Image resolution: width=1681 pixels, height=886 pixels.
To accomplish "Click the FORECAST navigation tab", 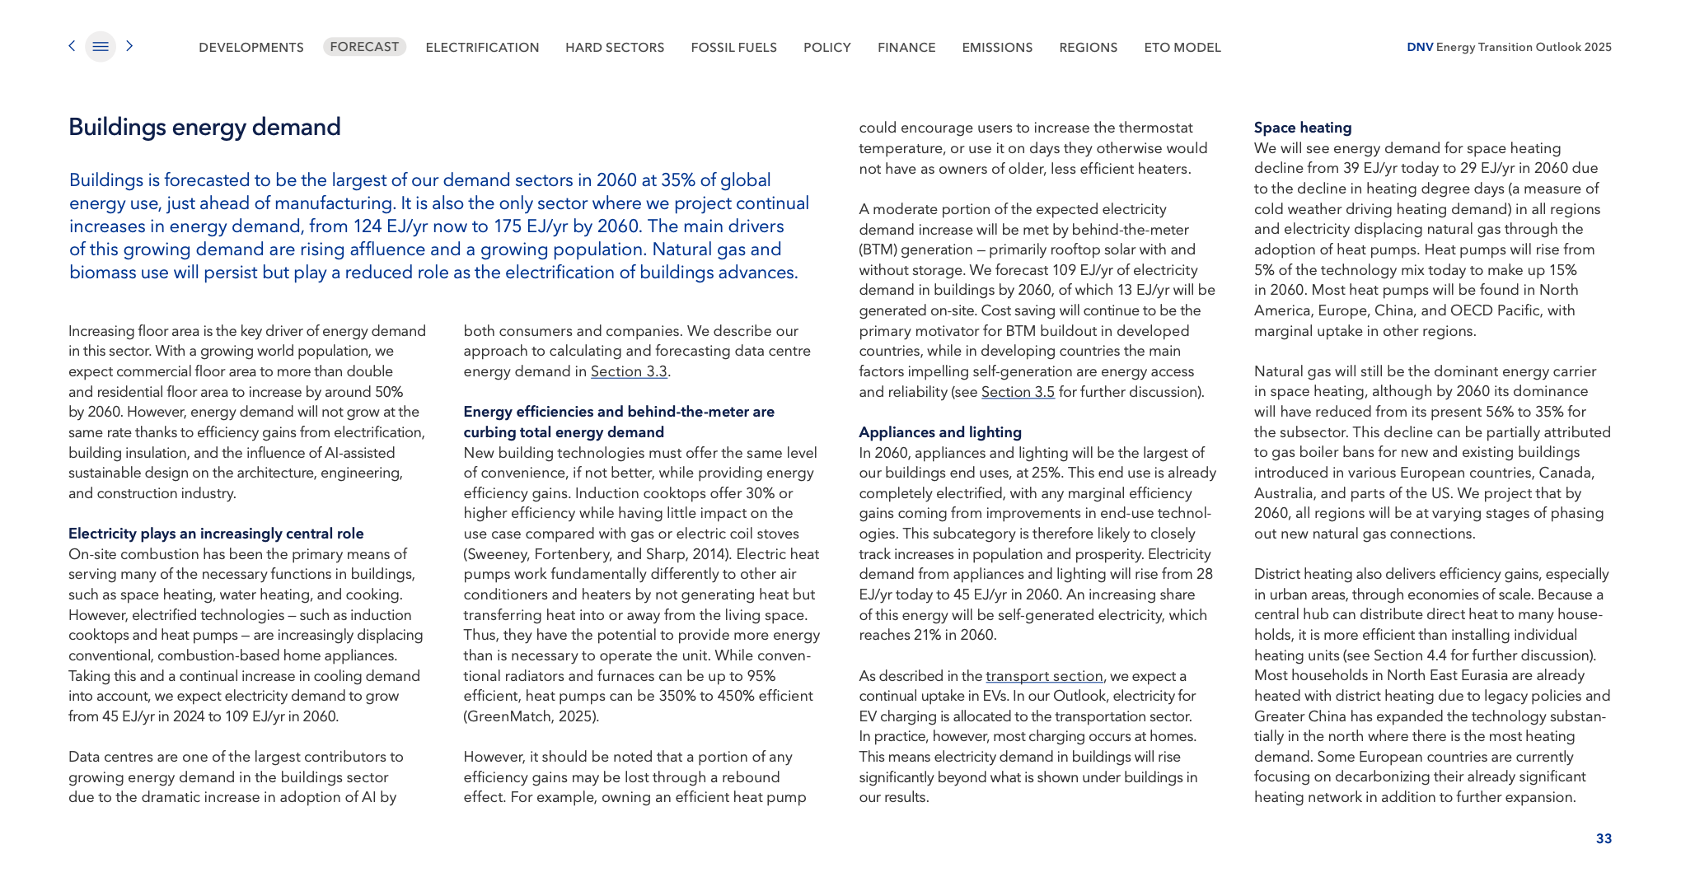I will point(364,47).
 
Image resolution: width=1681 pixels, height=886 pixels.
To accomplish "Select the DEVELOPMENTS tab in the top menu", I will point(251,48).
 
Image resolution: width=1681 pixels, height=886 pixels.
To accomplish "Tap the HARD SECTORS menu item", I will point(615,48).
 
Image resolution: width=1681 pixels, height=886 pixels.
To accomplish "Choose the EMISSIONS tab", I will point(997,48).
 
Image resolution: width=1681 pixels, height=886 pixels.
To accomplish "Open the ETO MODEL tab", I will point(1182,48).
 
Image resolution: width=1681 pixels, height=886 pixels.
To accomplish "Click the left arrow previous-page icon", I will point(72,46).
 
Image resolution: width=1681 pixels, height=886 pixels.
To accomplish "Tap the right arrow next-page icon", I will point(129,46).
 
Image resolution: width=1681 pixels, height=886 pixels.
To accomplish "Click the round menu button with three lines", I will point(101,47).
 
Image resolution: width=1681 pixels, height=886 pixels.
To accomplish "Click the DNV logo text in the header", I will point(1420,47).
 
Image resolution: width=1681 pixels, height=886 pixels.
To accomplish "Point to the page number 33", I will point(1604,838).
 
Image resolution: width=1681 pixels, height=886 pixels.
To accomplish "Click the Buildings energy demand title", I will point(204,127).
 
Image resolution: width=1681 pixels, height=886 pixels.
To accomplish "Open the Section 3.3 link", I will point(629,371).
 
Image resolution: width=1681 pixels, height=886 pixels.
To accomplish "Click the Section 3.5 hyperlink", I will point(1018,392).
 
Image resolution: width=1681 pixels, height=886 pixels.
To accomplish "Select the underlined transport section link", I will point(1044,676).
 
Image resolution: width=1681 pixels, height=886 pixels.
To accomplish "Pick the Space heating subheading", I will point(1303,128).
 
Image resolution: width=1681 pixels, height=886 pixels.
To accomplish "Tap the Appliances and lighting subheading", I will point(940,432).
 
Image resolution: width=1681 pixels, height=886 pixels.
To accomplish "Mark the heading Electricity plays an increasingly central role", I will point(216,534).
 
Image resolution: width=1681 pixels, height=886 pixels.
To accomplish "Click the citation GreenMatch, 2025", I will point(531,716).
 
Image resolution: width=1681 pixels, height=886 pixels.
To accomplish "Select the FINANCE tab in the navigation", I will point(906,48).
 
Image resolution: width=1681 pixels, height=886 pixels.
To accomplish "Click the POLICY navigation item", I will point(827,48).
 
